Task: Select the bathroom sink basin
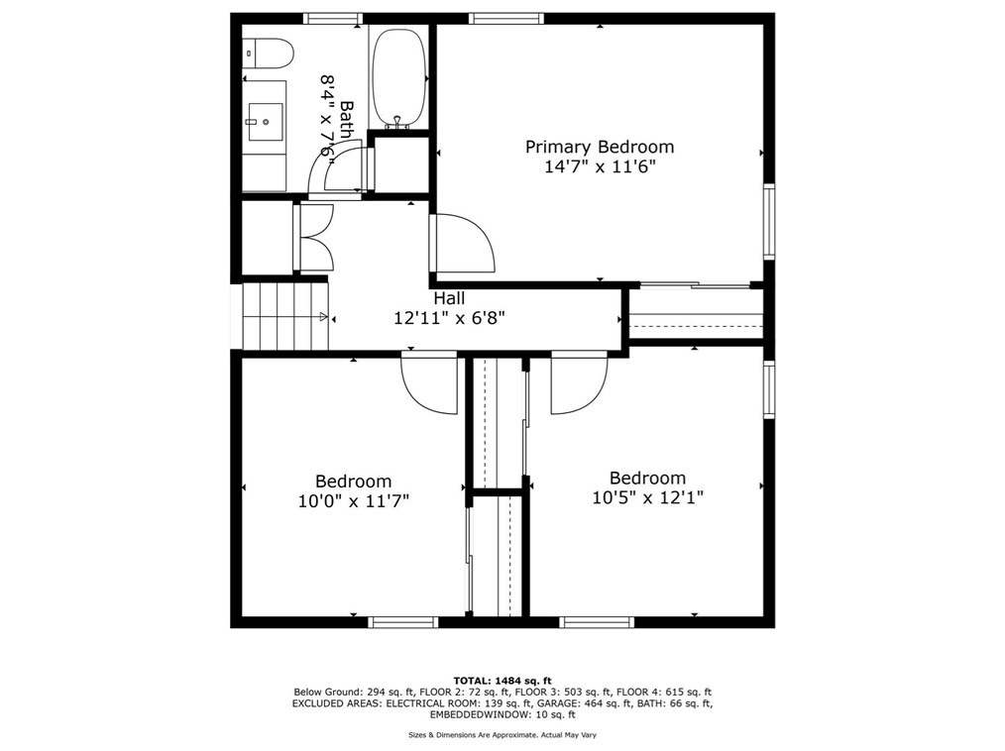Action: [x=265, y=122]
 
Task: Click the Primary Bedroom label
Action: [x=599, y=147]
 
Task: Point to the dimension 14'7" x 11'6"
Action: [x=599, y=167]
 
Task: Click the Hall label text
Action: [x=448, y=297]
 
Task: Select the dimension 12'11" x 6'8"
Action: [x=451, y=318]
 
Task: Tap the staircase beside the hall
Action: [x=284, y=314]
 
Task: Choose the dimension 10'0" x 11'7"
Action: [x=353, y=501]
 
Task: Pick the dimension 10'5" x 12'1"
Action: [x=647, y=497]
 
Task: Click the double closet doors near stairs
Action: [x=315, y=238]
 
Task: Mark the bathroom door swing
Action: [x=337, y=168]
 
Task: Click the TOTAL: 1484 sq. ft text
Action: [x=502, y=681]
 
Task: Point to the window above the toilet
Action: [x=333, y=18]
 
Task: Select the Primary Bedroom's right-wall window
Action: [x=769, y=222]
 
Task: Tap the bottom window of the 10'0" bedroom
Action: [x=403, y=622]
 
